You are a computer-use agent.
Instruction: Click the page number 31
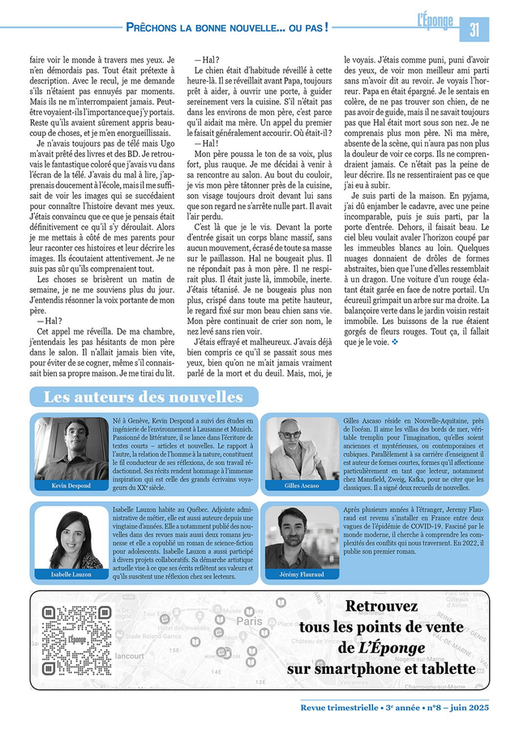pyautogui.click(x=474, y=28)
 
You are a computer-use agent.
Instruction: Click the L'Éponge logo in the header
pyautogui.click(x=436, y=22)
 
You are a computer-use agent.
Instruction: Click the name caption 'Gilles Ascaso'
pyautogui.click(x=302, y=485)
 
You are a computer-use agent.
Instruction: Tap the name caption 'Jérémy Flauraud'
pyautogui.click(x=302, y=574)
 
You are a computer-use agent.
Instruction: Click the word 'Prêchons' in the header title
pyautogui.click(x=155, y=28)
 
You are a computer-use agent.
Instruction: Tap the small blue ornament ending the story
pyautogui.click(x=396, y=342)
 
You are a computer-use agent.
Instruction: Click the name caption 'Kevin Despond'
pyautogui.click(x=71, y=485)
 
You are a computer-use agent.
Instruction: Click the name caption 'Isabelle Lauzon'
pyautogui.click(x=71, y=574)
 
